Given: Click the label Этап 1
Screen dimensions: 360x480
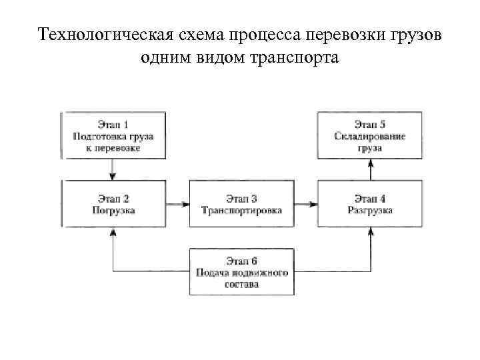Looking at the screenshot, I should tap(113, 125).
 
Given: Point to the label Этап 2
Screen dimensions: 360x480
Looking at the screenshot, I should tap(113, 198).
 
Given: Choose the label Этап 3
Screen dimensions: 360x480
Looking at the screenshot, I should tap(241, 198).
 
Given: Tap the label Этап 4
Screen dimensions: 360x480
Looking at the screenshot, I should tap(370, 198).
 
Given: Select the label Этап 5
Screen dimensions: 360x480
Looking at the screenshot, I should tap(370, 125).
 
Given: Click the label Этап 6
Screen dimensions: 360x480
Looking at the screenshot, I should tap(241, 261).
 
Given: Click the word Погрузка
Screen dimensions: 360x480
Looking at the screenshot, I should tap(113, 210).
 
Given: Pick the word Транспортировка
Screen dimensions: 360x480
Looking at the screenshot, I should tap(241, 210).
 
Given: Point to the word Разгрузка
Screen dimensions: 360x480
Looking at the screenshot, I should tap(370, 210).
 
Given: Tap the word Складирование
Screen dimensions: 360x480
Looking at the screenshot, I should tap(370, 137).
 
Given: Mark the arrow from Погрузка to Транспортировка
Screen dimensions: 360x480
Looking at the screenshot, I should tap(177, 203).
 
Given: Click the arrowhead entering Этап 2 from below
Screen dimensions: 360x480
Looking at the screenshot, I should tap(113, 232).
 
